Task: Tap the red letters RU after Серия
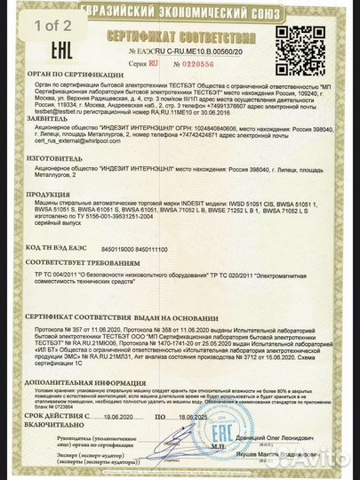(153, 64)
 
